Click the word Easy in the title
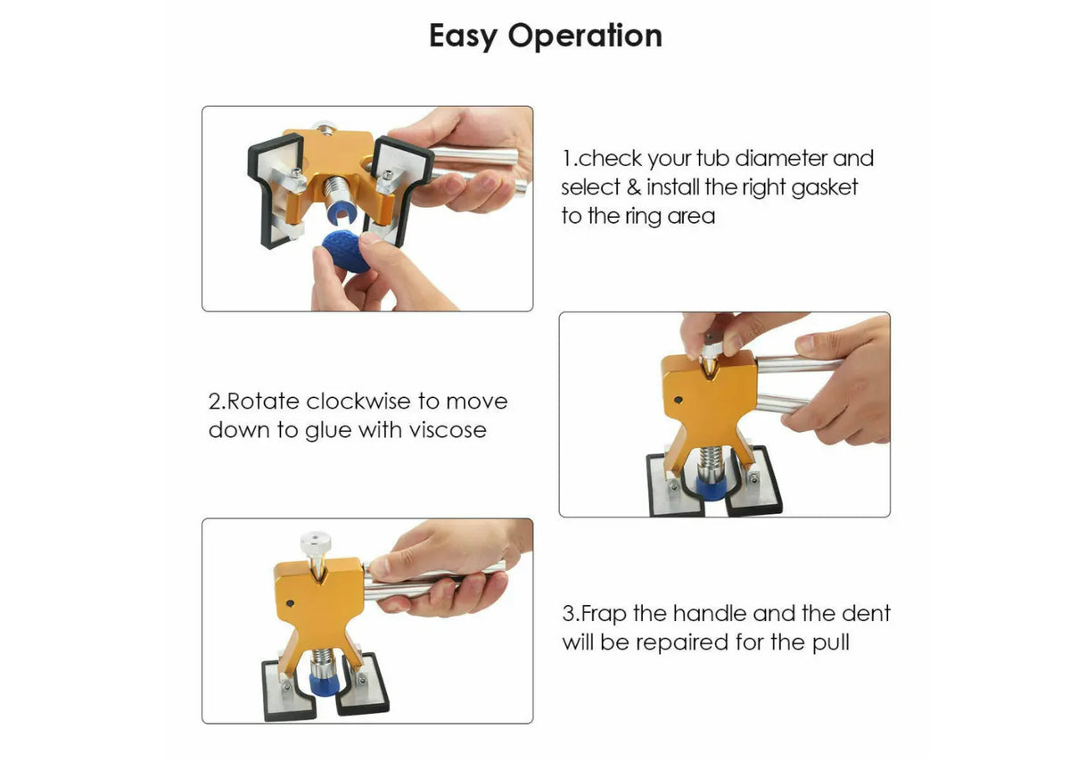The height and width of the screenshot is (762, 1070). (463, 37)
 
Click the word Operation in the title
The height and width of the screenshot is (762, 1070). (585, 36)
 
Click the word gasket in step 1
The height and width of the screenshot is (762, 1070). (825, 188)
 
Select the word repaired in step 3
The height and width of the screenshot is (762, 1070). (681, 643)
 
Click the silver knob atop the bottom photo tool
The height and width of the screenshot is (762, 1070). (316, 543)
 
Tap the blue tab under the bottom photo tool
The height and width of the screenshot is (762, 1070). (325, 686)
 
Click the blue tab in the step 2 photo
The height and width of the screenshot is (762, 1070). (712, 486)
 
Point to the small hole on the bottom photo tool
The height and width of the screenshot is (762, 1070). (290, 603)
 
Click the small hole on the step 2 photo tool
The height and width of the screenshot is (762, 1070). (678, 400)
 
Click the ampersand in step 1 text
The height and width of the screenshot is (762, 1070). (633, 187)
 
